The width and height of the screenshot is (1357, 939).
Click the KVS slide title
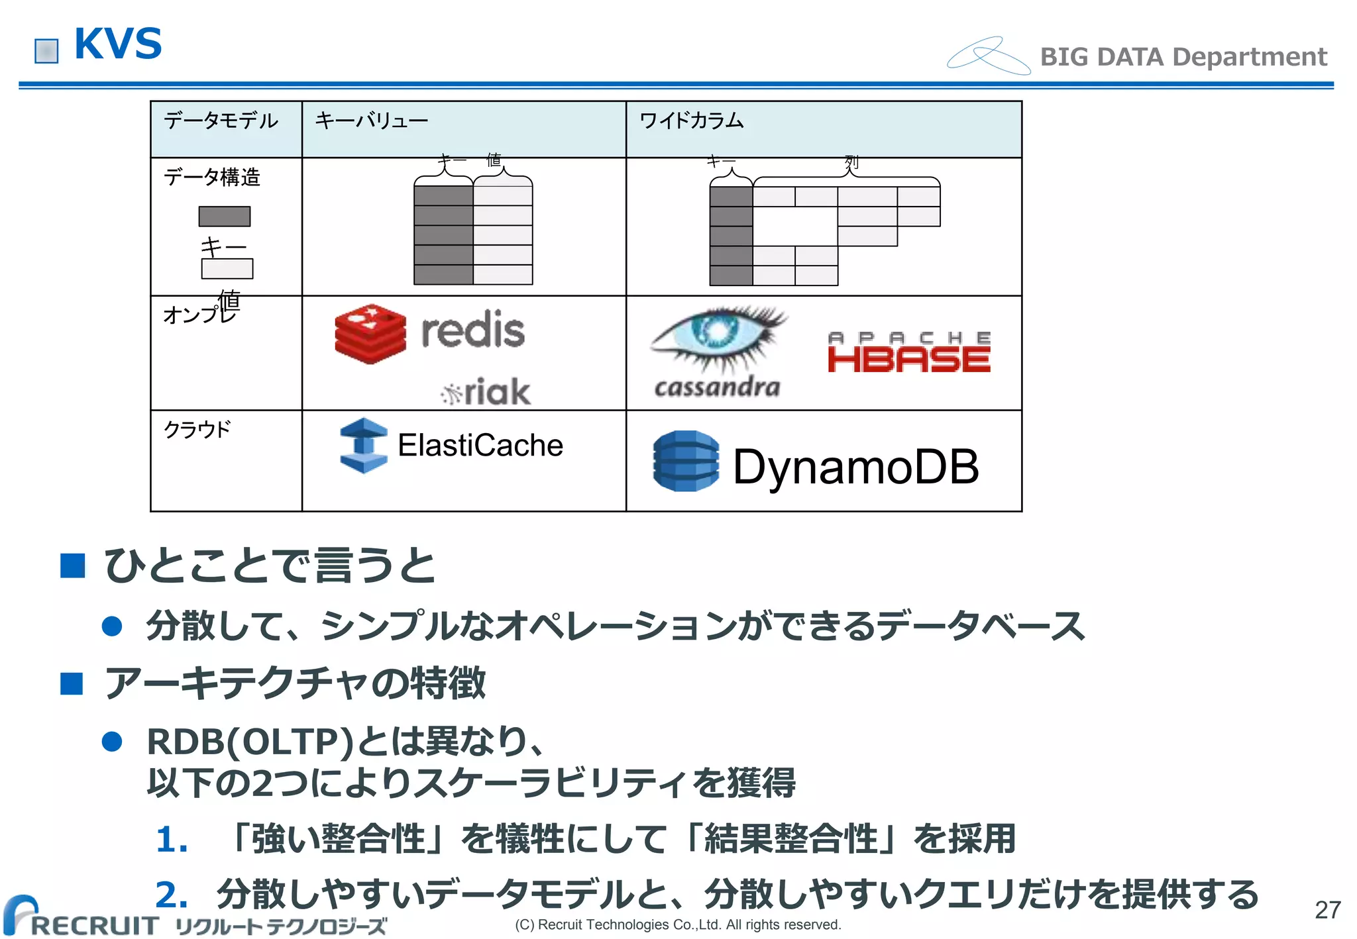pyautogui.click(x=118, y=44)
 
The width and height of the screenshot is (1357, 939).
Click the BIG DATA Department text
pyautogui.click(x=1183, y=57)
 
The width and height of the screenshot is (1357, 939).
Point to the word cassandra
pyautogui.click(x=717, y=387)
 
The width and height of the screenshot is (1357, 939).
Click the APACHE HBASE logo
pyautogui.click(x=908, y=352)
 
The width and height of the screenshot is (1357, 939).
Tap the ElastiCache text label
pyautogui.click(x=480, y=445)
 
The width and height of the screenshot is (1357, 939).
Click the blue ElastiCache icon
pyautogui.click(x=363, y=445)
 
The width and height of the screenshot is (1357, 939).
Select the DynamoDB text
pyautogui.click(x=855, y=467)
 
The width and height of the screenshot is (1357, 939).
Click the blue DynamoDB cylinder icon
pyautogui.click(x=685, y=462)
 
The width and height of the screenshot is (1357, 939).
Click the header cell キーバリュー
pyautogui.click(x=371, y=121)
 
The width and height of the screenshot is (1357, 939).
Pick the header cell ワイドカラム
pyautogui.click(x=691, y=121)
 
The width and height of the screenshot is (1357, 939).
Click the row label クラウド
pyautogui.click(x=197, y=429)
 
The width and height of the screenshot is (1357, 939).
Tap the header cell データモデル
pyautogui.click(x=221, y=121)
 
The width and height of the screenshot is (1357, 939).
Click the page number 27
pyautogui.click(x=1327, y=910)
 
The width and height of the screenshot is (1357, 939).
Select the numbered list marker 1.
pyautogui.click(x=172, y=840)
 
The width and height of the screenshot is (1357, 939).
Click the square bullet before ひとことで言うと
pyautogui.click(x=72, y=566)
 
